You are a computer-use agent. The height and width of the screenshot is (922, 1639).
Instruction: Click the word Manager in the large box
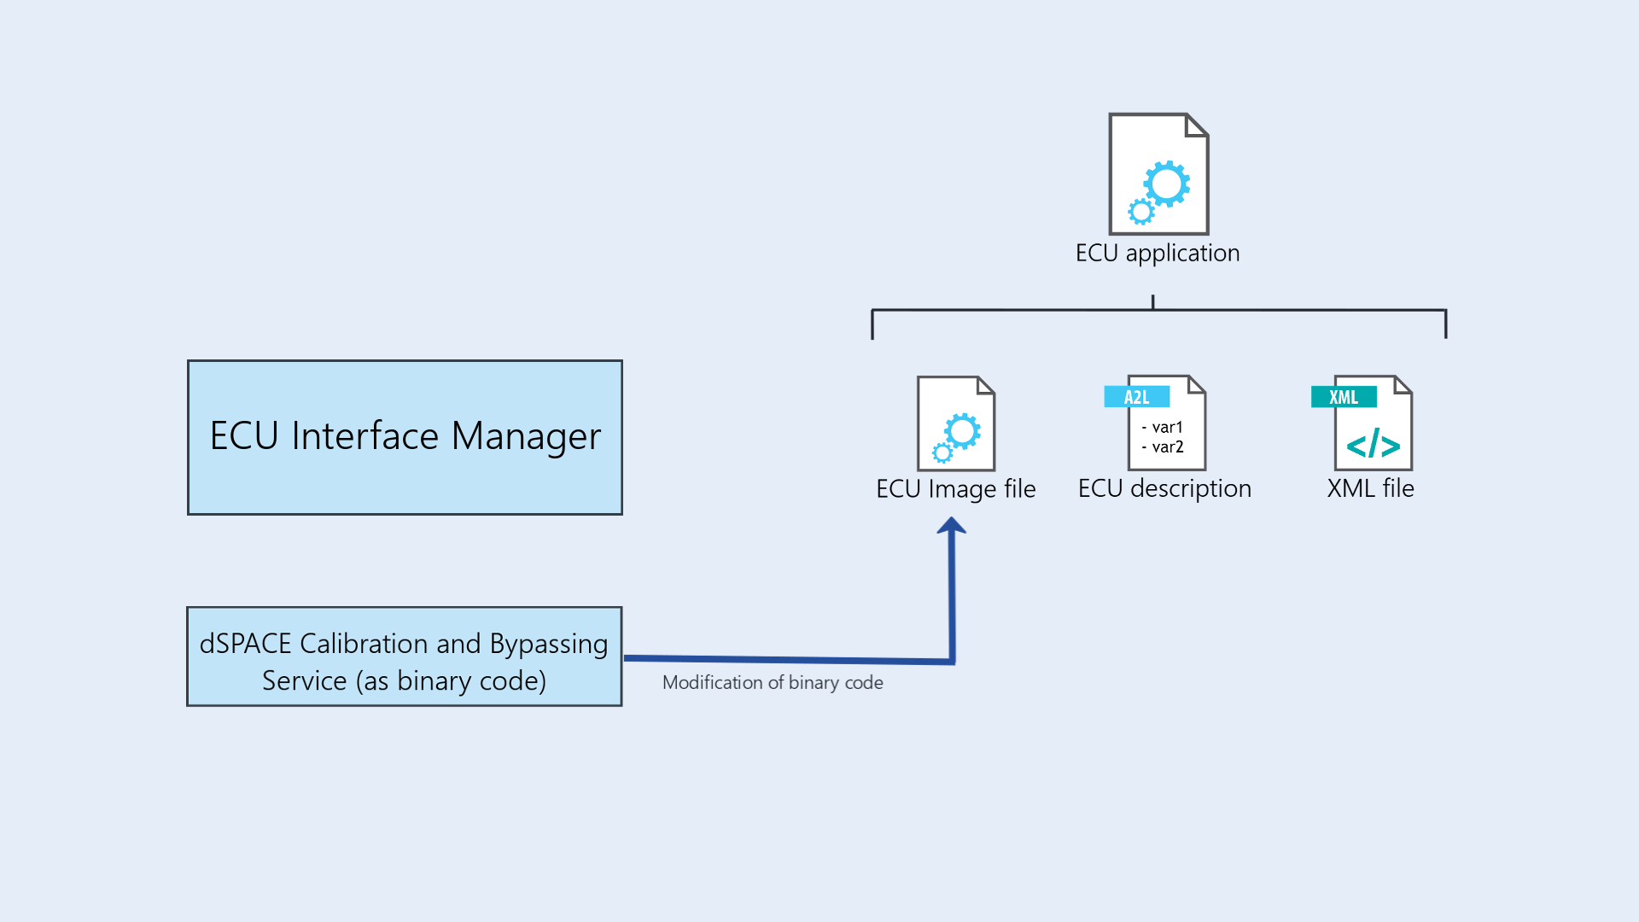[526, 436]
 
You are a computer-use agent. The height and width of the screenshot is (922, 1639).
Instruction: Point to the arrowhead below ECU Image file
[951, 527]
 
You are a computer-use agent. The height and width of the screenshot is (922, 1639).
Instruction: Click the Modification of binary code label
[773, 683]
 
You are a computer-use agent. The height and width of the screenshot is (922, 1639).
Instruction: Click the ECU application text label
[1157, 254]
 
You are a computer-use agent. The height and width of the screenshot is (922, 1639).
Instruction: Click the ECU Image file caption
[955, 489]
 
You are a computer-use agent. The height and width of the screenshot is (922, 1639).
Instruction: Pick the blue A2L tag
[1136, 397]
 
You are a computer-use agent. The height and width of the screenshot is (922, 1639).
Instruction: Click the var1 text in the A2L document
[1167, 427]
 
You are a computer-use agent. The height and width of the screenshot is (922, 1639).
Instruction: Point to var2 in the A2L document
[1167, 446]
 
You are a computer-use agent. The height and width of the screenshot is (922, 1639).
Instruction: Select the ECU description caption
[1164, 488]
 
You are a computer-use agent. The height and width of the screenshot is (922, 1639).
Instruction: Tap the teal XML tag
[1343, 397]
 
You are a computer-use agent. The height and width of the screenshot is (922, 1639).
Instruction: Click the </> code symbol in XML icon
[1373, 446]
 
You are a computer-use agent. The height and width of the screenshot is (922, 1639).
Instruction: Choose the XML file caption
[1370, 488]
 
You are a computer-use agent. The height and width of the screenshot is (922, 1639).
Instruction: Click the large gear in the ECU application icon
[1167, 183]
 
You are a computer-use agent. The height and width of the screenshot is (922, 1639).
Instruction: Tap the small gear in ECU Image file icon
[942, 452]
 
